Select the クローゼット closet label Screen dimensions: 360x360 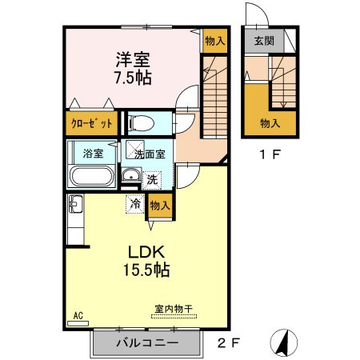88,124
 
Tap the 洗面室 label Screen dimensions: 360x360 150,154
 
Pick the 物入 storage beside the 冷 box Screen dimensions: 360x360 159,206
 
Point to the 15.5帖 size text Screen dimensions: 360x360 145,270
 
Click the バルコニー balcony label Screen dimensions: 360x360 144,344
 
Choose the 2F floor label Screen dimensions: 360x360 227,343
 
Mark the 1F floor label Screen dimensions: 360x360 269,156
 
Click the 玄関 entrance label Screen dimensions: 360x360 263,40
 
